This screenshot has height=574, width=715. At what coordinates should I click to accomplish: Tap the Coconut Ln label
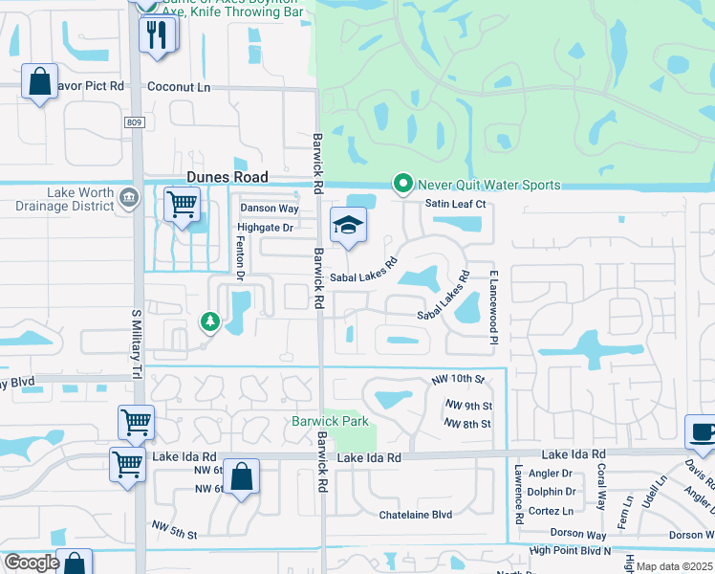[x=178, y=86]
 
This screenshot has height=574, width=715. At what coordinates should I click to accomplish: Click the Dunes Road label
[x=227, y=177]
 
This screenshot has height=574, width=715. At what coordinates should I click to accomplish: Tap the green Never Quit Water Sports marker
[x=403, y=184]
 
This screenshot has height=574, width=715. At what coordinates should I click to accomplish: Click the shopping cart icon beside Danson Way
[x=181, y=205]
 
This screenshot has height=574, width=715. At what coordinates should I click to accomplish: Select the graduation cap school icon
[x=348, y=226]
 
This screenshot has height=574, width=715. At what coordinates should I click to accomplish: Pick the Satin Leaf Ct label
[x=456, y=204]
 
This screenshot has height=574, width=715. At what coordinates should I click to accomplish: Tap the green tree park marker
[x=208, y=322]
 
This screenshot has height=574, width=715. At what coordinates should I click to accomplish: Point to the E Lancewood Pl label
[x=494, y=307]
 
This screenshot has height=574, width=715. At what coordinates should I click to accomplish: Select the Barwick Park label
[x=330, y=422]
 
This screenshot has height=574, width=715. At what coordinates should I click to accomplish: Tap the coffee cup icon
[x=702, y=431]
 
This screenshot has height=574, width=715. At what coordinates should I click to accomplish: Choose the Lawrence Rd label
[x=517, y=494]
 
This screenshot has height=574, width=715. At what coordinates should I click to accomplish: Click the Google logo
[x=32, y=563]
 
